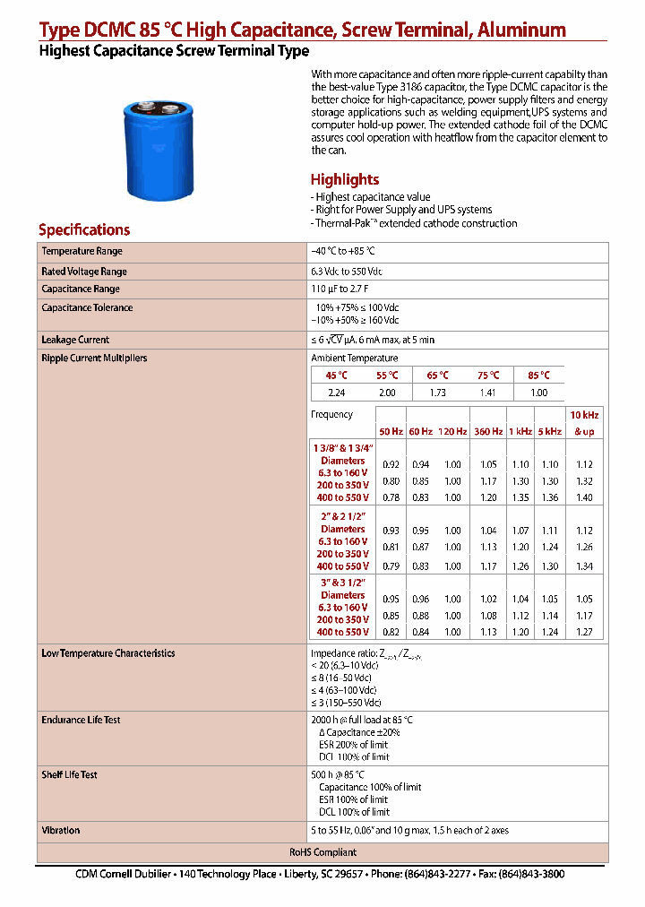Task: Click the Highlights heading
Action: coord(344,179)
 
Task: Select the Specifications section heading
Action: coord(84,229)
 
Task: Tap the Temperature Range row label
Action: coord(82,252)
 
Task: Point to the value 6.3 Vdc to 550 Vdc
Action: coord(346,272)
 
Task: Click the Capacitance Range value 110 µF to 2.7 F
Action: coord(340,289)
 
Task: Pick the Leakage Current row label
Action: coord(75,340)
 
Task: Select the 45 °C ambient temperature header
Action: coord(337,376)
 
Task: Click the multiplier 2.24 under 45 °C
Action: coord(336,393)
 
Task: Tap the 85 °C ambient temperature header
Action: coord(538,376)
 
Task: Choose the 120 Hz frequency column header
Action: coord(452,431)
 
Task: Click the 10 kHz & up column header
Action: coord(584,423)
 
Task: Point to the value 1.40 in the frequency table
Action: coord(584,497)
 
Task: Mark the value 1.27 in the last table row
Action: coord(584,632)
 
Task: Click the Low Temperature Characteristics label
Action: coord(108,653)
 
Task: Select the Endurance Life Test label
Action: coord(81,720)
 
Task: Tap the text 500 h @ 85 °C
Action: coord(338,774)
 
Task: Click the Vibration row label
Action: coord(61,830)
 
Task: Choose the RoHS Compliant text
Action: coord(322,852)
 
